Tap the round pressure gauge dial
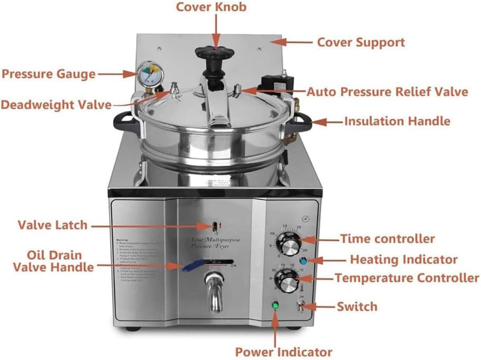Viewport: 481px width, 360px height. point(150,73)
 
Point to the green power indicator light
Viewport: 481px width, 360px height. point(276,305)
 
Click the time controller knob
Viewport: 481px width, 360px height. point(288,246)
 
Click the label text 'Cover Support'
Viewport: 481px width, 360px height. point(361,42)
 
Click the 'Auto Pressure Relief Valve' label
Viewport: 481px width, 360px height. point(387,92)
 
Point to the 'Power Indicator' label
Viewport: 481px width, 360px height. point(283,352)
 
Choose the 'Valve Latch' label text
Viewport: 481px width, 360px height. point(53,225)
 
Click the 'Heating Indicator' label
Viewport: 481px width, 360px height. point(404,259)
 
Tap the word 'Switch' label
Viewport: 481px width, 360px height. point(357,306)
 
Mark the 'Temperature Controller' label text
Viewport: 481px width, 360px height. point(407,278)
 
